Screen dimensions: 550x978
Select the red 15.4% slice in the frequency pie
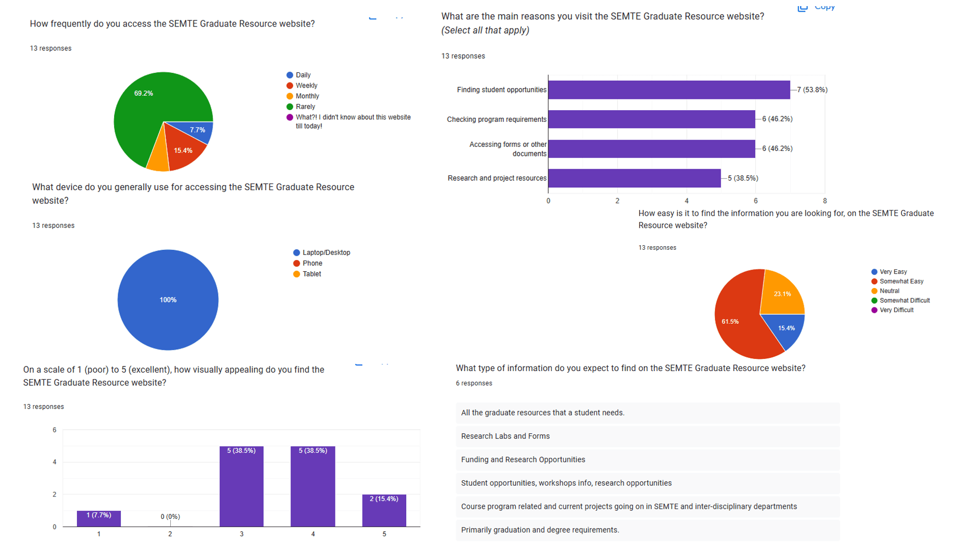pos(183,150)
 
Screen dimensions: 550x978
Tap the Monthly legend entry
pos(307,96)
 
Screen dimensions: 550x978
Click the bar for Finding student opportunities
pos(669,90)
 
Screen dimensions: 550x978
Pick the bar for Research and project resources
pos(634,178)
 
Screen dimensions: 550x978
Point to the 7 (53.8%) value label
pos(812,90)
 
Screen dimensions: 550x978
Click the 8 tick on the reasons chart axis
pos(825,201)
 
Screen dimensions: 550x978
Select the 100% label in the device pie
pos(168,300)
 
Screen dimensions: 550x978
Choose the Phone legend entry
pos(312,264)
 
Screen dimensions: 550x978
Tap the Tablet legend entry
pos(311,274)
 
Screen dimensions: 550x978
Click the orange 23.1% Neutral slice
pos(782,294)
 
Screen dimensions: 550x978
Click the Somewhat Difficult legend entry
pos(904,301)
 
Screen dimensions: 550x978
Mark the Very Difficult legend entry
pos(896,310)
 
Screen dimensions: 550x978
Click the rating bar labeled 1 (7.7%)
pos(99,518)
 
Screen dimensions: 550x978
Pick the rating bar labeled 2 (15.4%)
pos(384,510)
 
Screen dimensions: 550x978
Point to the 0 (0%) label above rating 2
pos(170,516)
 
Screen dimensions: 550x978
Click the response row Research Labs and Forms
pos(505,436)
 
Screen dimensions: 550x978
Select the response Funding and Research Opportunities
pos(523,460)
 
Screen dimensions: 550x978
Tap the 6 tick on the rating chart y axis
pos(55,430)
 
